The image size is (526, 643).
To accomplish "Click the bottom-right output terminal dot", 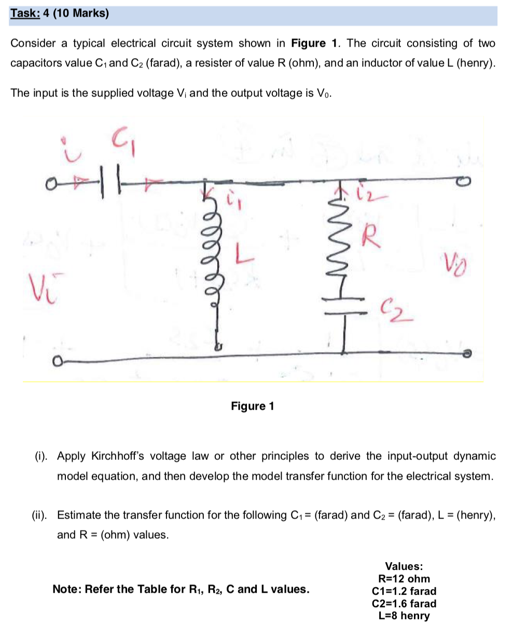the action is [467, 354].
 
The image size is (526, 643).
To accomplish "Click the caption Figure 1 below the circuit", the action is [253, 406].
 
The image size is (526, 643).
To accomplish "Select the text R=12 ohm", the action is [404, 579].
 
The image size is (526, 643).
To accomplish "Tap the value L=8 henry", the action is [404, 616].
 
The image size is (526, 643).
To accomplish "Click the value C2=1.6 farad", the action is [404, 604].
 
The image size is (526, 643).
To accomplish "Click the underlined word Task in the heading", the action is [24, 13].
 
